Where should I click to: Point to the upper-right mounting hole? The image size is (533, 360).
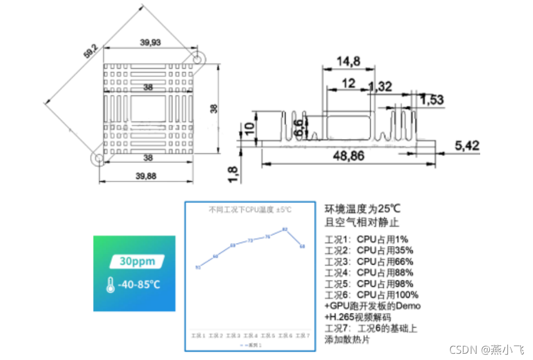click(198, 58)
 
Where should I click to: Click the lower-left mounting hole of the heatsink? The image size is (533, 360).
click(98, 158)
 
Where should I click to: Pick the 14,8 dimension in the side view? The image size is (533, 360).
click(349, 61)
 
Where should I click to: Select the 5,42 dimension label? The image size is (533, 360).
click(467, 145)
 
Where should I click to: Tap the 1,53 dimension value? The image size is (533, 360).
click(431, 99)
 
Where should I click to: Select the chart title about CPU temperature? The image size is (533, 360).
click(250, 210)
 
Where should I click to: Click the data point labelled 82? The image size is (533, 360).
click(285, 230)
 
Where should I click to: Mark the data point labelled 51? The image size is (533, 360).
click(198, 267)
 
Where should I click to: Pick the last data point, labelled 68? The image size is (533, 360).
click(303, 246)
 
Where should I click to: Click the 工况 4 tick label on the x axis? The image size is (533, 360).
click(250, 336)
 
